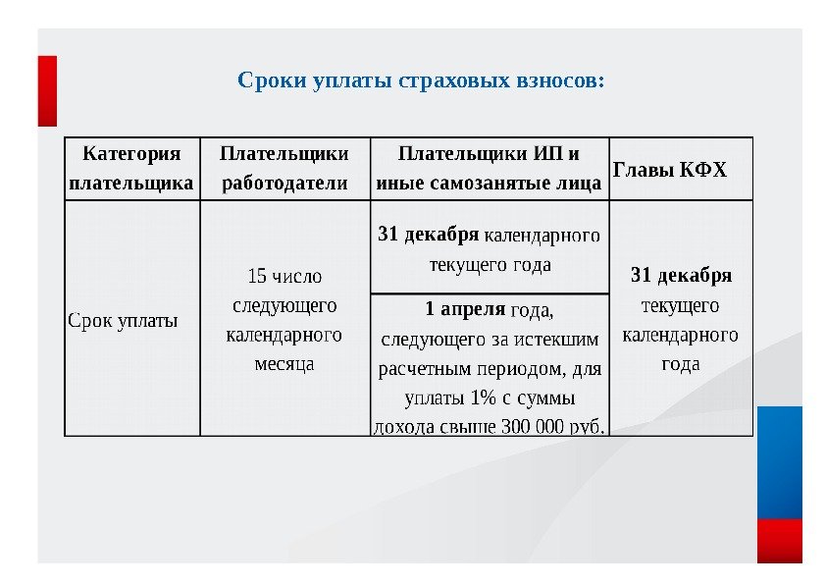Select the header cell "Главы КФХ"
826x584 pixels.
pyautogui.click(x=670, y=169)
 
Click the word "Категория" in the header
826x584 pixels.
pyautogui.click(x=132, y=154)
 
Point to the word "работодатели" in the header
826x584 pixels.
pyautogui.click(x=284, y=184)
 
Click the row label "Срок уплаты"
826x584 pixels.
pyautogui.click(x=123, y=319)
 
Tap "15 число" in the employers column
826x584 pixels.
pyautogui.click(x=284, y=276)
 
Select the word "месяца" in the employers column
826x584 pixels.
pyautogui.click(x=284, y=363)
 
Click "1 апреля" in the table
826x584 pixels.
pyautogui.click(x=465, y=309)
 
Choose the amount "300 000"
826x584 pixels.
pyautogui.click(x=532, y=426)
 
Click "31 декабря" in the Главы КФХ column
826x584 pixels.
pyautogui.click(x=681, y=274)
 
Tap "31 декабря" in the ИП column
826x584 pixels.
pyautogui.click(x=429, y=235)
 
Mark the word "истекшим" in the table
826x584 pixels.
pyautogui.click(x=563, y=340)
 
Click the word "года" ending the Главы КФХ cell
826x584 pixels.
pyautogui.click(x=681, y=363)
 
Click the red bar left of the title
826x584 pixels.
pyautogui.click(x=47, y=90)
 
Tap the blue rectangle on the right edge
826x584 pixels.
pyautogui.click(x=780, y=461)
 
